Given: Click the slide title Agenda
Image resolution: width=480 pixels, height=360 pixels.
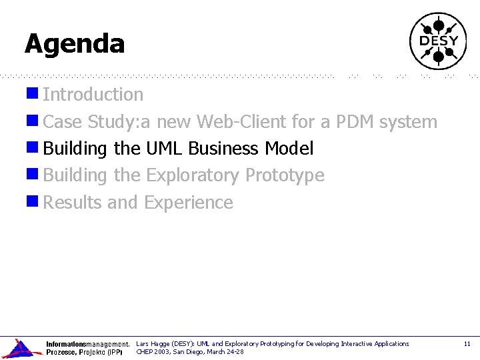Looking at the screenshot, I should (75, 44).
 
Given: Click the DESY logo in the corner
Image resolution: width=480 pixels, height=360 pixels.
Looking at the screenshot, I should (438, 41).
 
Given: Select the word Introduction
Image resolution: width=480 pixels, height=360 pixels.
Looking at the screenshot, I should (93, 95).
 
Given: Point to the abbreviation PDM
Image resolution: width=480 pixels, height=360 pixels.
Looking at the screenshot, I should (355, 122).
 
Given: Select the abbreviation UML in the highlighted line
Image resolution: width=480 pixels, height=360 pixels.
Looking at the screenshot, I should (164, 149).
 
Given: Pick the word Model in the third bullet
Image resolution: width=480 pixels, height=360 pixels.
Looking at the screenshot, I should (289, 149).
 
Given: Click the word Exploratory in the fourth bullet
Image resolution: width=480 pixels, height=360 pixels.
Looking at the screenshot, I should (193, 175).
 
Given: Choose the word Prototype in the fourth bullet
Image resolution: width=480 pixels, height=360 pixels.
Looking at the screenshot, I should (285, 175).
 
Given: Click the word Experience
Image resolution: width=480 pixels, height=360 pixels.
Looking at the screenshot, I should (189, 202).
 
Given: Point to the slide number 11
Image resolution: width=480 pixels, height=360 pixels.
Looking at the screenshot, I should (467, 344).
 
